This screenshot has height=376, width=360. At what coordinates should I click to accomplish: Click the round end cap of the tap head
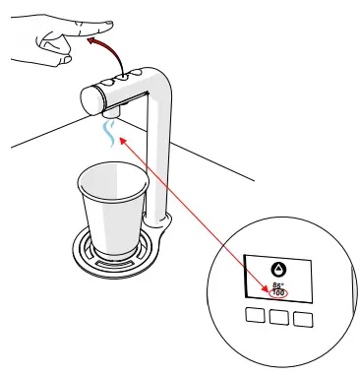(90, 99)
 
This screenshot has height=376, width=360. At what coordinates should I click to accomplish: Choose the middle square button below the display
(278, 317)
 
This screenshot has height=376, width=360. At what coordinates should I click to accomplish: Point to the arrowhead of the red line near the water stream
(120, 139)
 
